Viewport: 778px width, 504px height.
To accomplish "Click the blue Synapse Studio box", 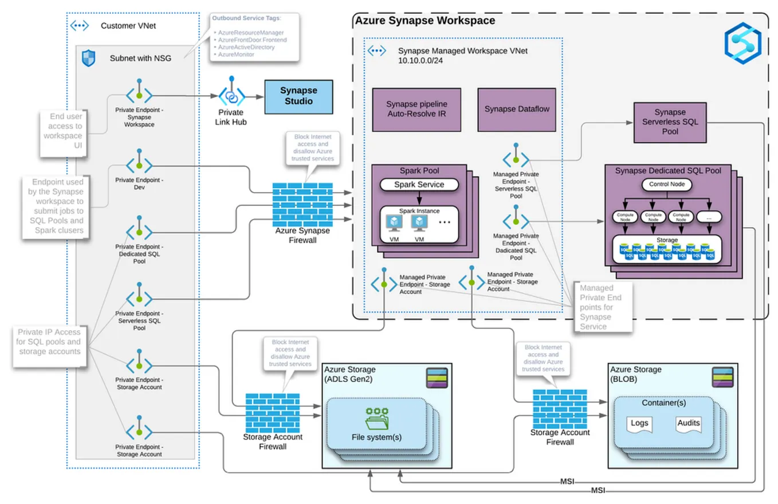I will (x=298, y=96).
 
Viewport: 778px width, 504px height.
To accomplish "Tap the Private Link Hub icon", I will (x=231, y=95).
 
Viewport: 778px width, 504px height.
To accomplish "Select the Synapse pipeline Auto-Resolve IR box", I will (x=416, y=109).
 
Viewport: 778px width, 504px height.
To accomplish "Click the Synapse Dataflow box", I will (x=517, y=109).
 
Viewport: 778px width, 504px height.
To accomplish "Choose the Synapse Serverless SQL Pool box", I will (x=670, y=122).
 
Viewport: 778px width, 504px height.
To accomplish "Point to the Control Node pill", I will (x=667, y=185).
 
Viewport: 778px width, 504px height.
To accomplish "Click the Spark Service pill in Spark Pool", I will (x=420, y=185).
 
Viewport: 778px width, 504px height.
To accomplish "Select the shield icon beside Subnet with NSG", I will (x=89, y=58).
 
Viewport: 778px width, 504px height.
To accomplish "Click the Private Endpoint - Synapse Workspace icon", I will (x=139, y=95).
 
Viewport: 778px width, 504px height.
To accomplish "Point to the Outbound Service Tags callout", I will (x=254, y=37).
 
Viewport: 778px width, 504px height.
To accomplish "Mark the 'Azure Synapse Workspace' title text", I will (x=425, y=21).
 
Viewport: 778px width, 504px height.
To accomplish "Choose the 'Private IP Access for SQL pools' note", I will (x=49, y=342).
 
